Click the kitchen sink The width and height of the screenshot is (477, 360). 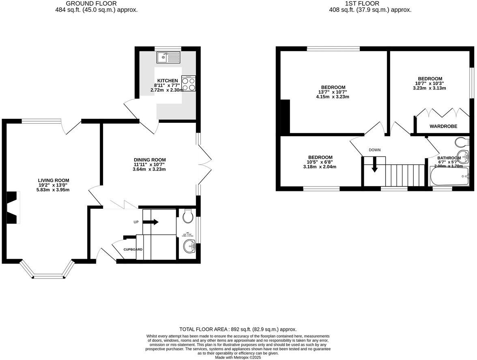168,58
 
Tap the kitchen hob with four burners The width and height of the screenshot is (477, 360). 189,84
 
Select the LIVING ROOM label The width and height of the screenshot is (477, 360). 54,180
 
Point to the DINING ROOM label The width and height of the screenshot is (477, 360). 150,160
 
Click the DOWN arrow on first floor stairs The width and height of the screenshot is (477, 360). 374,165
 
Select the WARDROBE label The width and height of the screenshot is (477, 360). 443,126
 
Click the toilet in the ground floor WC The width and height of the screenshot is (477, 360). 188,216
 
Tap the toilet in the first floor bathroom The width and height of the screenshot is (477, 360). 462,142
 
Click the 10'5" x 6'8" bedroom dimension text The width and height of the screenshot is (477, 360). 320,162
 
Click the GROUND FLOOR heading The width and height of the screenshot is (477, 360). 96,4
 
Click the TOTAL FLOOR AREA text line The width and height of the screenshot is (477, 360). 238,329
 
